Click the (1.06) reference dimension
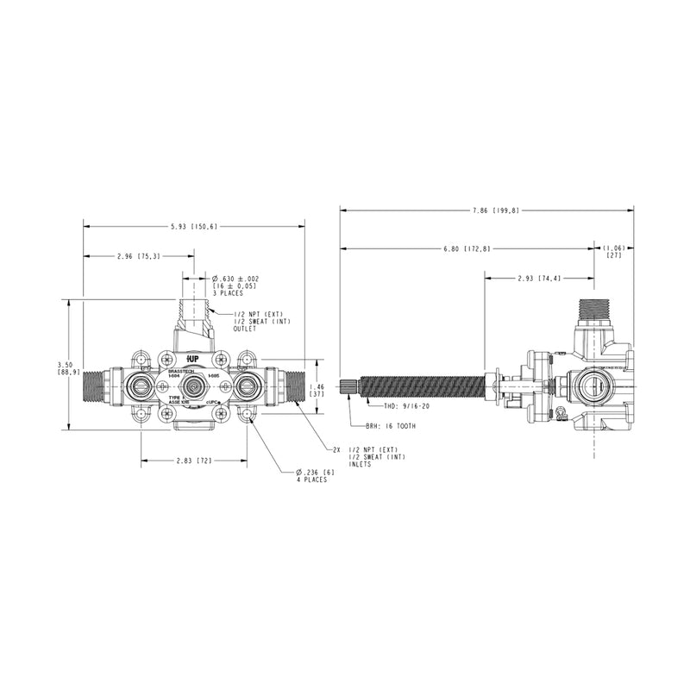(614, 250)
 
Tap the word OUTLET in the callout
(246, 329)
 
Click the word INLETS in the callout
(361, 463)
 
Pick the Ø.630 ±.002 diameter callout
(235, 279)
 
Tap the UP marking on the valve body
(193, 356)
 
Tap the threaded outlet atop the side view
(594, 307)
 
